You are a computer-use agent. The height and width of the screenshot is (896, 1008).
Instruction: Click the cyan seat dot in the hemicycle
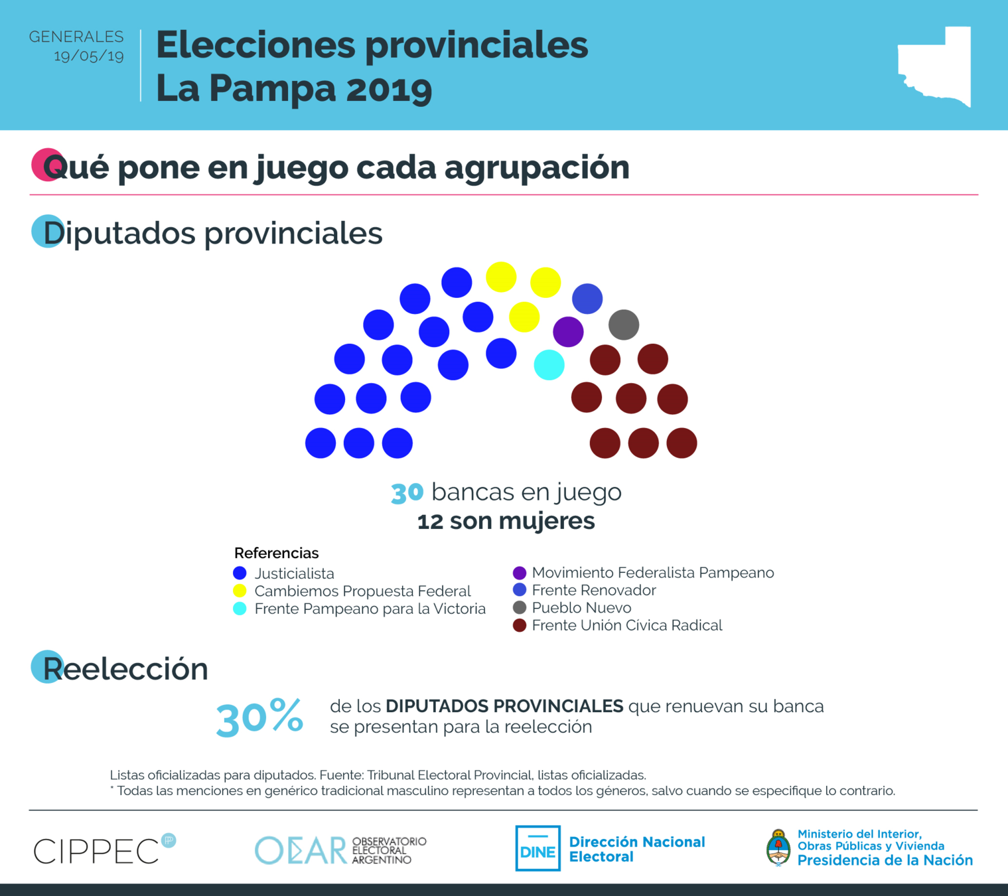coord(549,365)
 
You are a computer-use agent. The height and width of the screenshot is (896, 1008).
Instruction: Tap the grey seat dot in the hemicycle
coord(624,325)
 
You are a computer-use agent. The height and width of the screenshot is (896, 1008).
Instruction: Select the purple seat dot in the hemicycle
coord(568,331)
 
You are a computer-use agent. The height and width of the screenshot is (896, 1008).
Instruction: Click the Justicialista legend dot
coord(240,573)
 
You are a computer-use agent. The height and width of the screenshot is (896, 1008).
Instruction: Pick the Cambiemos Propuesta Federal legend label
coord(362,591)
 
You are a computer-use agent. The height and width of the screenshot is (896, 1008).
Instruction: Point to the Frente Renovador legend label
coord(594,590)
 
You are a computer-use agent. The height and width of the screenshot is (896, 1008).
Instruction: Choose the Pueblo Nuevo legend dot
coord(520,607)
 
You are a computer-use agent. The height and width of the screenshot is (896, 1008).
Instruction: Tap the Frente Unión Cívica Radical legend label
coord(627,625)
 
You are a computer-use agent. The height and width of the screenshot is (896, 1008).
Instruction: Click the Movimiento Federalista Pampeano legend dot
coord(520,573)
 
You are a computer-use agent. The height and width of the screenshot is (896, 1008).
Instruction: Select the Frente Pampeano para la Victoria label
coord(370,609)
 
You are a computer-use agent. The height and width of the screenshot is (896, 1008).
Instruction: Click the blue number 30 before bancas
coord(407,492)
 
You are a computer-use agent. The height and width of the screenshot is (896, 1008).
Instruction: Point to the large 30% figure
coord(259,718)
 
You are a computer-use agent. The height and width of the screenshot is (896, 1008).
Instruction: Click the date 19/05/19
coord(89,56)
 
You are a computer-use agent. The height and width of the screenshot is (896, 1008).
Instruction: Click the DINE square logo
coord(538,848)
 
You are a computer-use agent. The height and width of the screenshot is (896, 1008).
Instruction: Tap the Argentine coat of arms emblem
coord(778,848)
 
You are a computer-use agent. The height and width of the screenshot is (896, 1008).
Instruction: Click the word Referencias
coord(276,553)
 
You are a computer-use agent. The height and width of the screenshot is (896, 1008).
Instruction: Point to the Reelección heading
coord(125,668)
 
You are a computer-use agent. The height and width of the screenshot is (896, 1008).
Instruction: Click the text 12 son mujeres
coord(506,521)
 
